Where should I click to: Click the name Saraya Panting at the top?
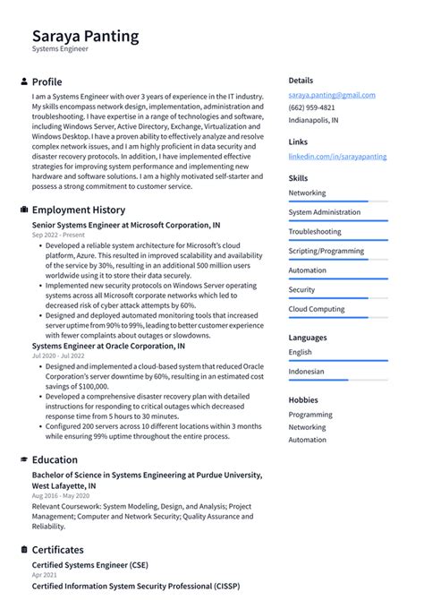[85, 37]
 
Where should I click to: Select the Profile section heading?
[47, 81]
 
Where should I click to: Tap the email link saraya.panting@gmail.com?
[331, 95]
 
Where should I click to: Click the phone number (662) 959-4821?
[311, 107]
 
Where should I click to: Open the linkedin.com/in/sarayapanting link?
[337, 156]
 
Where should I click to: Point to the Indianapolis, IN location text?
[313, 119]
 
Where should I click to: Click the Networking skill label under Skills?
[307, 193]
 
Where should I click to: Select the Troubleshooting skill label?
[314, 231]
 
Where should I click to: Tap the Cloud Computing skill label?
[316, 309]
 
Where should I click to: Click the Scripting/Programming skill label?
[326, 251]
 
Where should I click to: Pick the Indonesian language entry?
[306, 372]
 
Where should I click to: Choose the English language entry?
[300, 352]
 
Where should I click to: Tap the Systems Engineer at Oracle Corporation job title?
[108, 345]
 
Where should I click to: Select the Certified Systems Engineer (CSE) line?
[89, 565]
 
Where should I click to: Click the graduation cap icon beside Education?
[23, 459]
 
